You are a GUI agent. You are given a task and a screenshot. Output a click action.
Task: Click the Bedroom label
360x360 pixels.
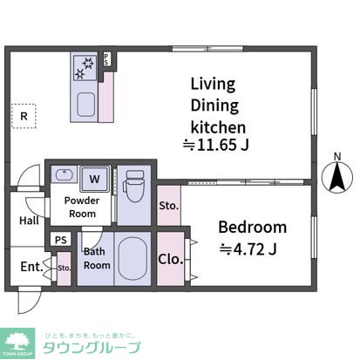point(252,228)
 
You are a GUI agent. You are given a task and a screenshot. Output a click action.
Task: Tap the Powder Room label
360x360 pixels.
point(81,207)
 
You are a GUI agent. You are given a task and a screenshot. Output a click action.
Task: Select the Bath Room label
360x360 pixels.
point(96,259)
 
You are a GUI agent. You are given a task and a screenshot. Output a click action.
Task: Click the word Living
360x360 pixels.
point(214,85)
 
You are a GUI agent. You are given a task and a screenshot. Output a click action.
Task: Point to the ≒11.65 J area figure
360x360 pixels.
point(215,145)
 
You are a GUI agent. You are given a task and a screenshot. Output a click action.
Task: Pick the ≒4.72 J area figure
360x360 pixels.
point(248,251)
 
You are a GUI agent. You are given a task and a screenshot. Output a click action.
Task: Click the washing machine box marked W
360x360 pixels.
point(94,180)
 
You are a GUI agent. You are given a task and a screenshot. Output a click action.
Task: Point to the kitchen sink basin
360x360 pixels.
point(87,106)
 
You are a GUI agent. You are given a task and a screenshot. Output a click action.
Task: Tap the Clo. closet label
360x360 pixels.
point(169,258)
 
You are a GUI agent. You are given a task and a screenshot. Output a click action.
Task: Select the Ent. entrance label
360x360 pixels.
point(30,266)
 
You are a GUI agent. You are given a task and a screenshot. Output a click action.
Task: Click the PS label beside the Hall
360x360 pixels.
point(61,240)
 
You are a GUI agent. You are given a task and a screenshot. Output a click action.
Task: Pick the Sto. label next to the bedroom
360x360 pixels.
point(169,207)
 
